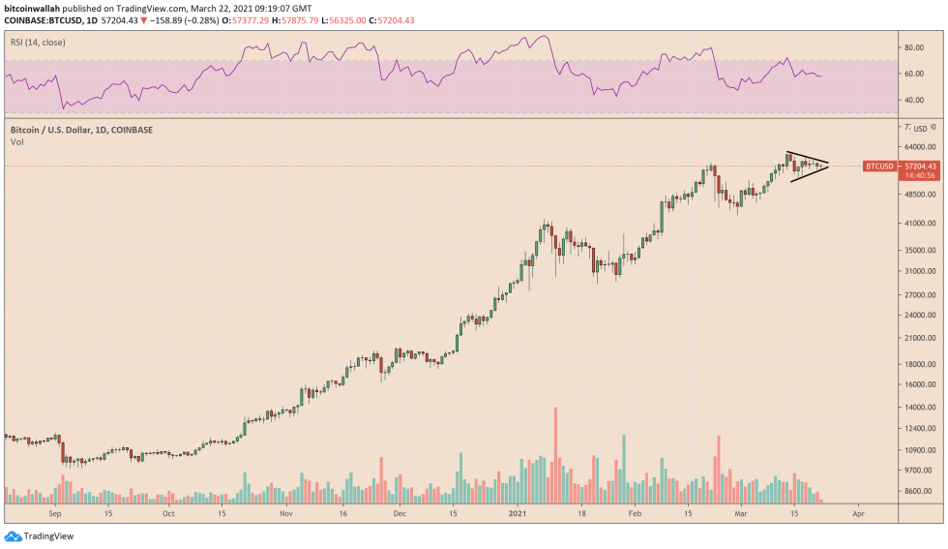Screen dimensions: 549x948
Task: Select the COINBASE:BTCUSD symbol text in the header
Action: [44, 18]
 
